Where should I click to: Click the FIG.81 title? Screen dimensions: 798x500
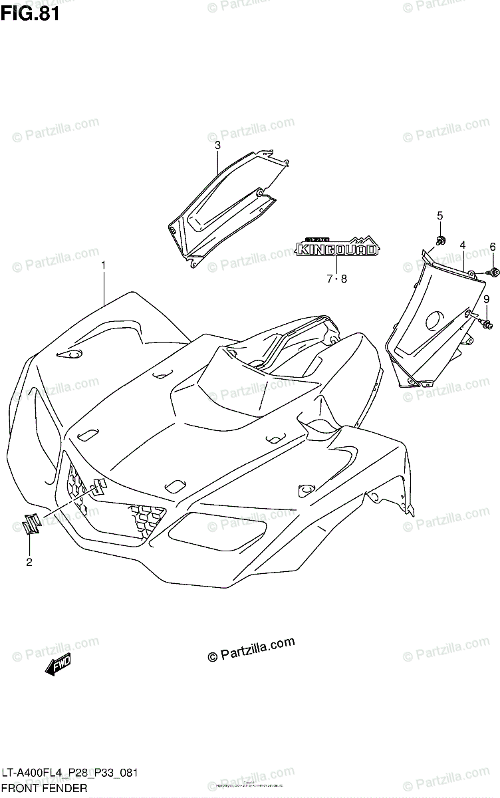pyautogui.click(x=31, y=13)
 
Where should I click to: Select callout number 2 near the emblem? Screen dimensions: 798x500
pyautogui.click(x=29, y=563)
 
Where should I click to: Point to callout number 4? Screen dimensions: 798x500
pyautogui.click(x=461, y=245)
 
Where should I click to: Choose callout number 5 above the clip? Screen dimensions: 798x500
pyautogui.click(x=439, y=215)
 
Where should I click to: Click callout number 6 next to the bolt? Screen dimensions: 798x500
pyautogui.click(x=493, y=247)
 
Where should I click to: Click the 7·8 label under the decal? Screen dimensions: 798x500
pyautogui.click(x=336, y=279)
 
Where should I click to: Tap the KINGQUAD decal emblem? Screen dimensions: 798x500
pyautogui.click(x=337, y=248)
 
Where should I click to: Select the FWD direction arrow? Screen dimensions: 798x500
pyautogui.click(x=59, y=664)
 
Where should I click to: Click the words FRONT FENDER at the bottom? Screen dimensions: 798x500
pyautogui.click(x=44, y=789)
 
